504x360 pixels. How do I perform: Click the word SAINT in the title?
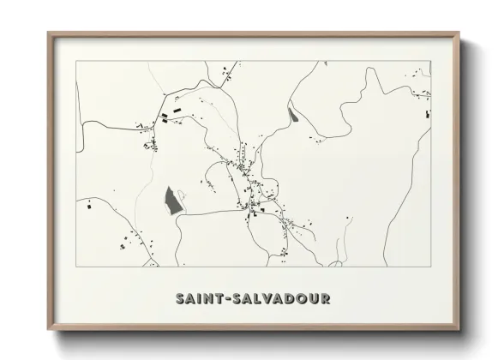click(x=200, y=299)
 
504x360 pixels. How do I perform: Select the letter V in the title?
click(x=273, y=299)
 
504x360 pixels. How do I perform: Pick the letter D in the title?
click(x=297, y=299)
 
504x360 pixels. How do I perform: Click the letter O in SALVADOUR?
click(x=309, y=299)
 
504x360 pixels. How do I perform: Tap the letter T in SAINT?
click(x=220, y=299)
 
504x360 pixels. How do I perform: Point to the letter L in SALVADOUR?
click(x=261, y=299)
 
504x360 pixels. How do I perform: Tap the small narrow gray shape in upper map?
click(x=293, y=114)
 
